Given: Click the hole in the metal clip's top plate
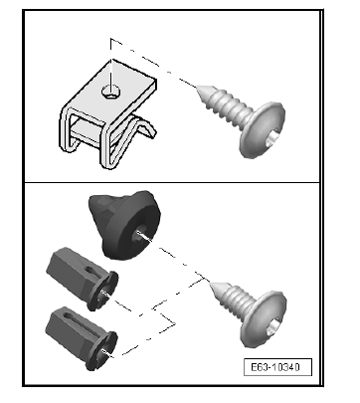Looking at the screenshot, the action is point(110,92).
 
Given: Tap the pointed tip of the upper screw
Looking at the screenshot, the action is point(198,88).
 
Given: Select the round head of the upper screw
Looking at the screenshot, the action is point(263,129).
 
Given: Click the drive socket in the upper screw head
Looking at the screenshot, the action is point(274,136).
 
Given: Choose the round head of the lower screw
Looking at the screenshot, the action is point(266,319).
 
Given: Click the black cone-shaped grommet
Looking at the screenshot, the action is point(124,225).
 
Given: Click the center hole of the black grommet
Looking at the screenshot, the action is point(139,235).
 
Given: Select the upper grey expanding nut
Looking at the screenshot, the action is point(83,279).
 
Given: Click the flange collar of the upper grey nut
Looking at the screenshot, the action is point(103,292).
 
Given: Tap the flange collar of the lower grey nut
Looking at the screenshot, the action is point(102,351).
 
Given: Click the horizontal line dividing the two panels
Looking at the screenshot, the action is point(172,182).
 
